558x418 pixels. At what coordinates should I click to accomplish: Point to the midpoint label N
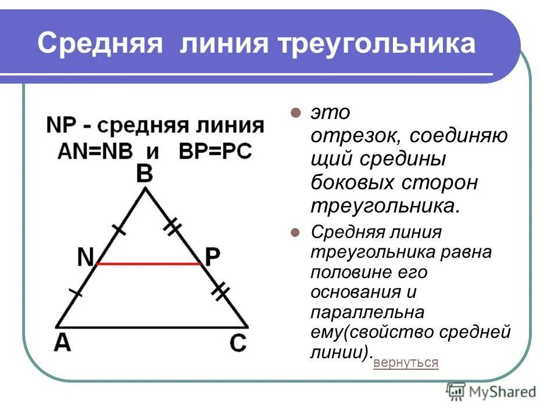pyautogui.click(x=85, y=257)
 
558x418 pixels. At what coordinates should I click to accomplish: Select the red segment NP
pyautogui.click(x=149, y=264)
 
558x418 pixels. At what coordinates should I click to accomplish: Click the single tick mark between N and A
pyautogui.click(x=76, y=293)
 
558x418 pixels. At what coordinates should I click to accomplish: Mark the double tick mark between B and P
pyautogui.click(x=172, y=227)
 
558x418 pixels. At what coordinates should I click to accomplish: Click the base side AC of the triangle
pyautogui.click(x=151, y=326)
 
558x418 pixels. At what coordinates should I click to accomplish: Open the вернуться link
pyautogui.click(x=406, y=363)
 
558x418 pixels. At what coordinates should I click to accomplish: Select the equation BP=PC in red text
pyautogui.click(x=216, y=152)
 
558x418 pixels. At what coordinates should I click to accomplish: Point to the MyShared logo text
pyautogui.click(x=500, y=392)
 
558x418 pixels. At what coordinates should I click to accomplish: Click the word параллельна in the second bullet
pyautogui.click(x=367, y=312)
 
